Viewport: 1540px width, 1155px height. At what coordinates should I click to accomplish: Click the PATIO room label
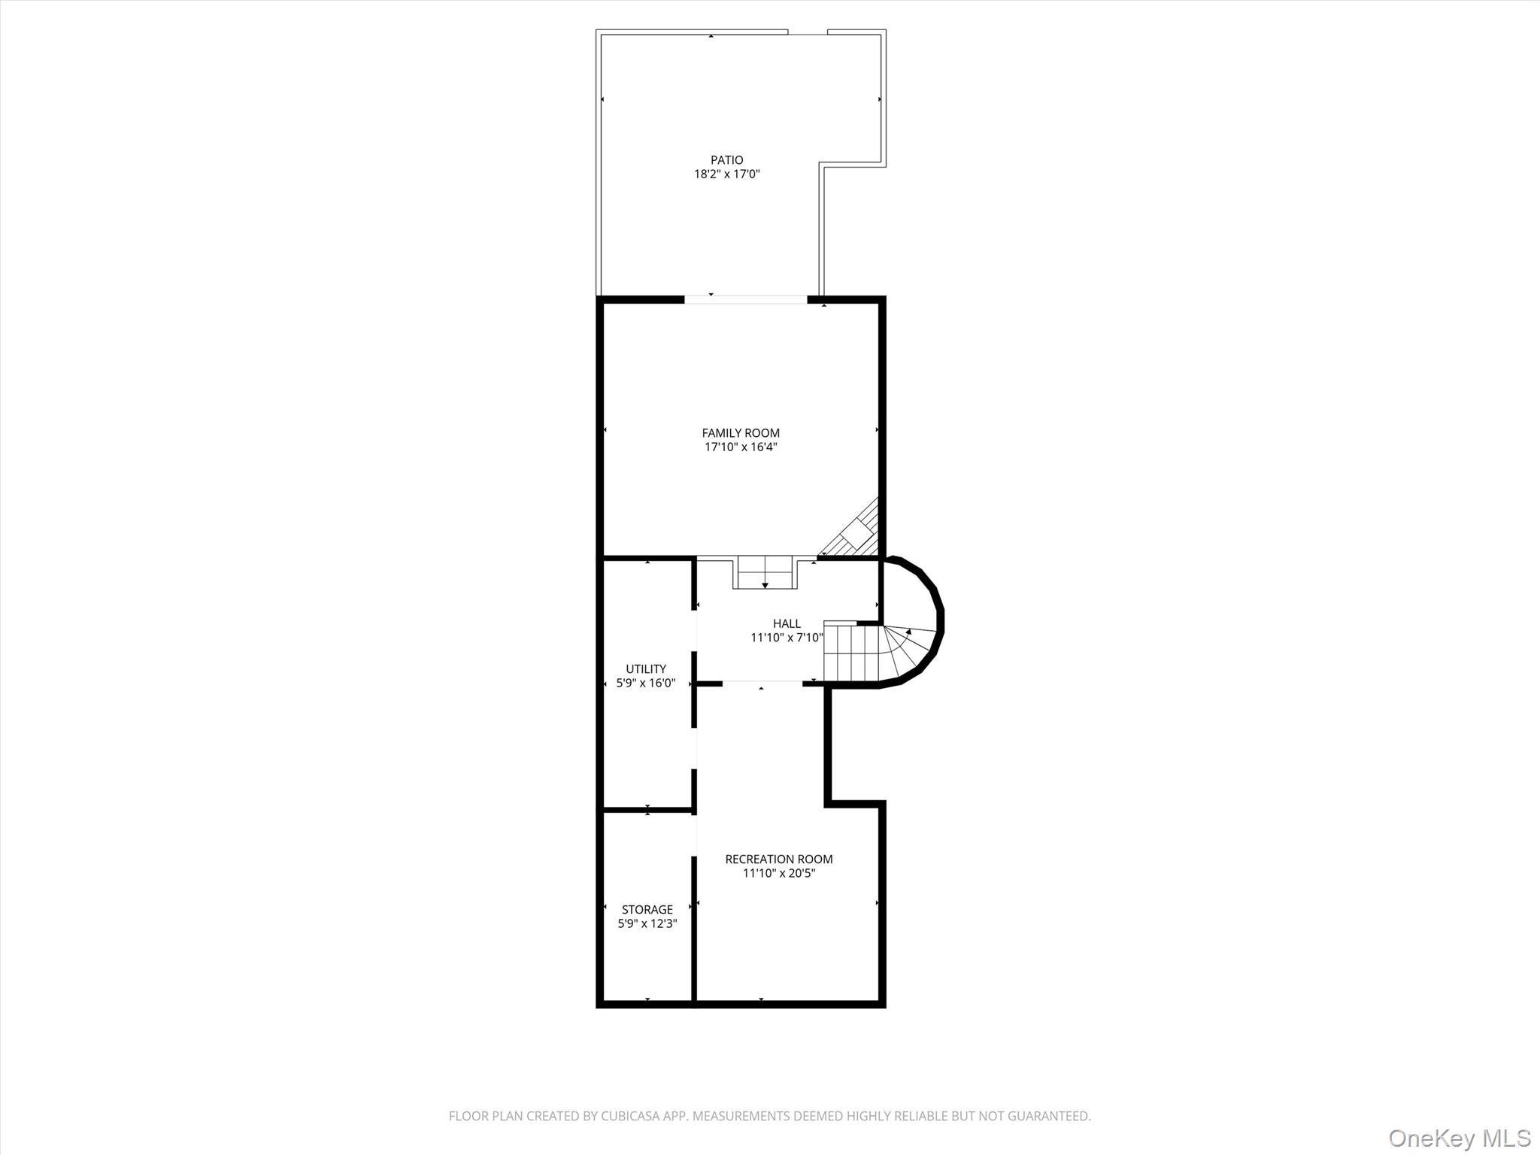pyautogui.click(x=726, y=159)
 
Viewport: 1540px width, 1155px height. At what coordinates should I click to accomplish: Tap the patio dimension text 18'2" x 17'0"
pyautogui.click(x=726, y=174)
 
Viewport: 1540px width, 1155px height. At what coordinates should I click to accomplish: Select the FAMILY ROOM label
pyautogui.click(x=741, y=432)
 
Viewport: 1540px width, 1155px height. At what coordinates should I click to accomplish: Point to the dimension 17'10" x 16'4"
pyautogui.click(x=741, y=447)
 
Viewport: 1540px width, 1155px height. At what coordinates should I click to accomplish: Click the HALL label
pyautogui.click(x=787, y=623)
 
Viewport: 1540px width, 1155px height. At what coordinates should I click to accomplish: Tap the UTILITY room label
pyautogui.click(x=646, y=668)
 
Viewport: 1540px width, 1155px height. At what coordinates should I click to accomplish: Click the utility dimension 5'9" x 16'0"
pyautogui.click(x=646, y=684)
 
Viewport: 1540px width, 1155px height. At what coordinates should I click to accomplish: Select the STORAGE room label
pyautogui.click(x=647, y=909)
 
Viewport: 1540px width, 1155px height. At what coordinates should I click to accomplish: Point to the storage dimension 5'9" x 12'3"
pyautogui.click(x=647, y=924)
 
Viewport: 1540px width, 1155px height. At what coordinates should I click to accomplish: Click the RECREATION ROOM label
pyautogui.click(x=778, y=859)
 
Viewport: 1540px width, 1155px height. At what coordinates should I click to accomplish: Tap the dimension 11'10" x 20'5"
pyautogui.click(x=778, y=874)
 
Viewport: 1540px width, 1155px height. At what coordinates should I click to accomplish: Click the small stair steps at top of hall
pyautogui.click(x=765, y=572)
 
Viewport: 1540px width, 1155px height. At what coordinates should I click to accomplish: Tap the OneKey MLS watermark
pyautogui.click(x=1459, y=1137)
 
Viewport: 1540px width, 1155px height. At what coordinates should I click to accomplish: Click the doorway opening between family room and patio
pyautogui.click(x=745, y=299)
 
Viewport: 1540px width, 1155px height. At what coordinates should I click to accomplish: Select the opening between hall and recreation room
pyautogui.click(x=762, y=683)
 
